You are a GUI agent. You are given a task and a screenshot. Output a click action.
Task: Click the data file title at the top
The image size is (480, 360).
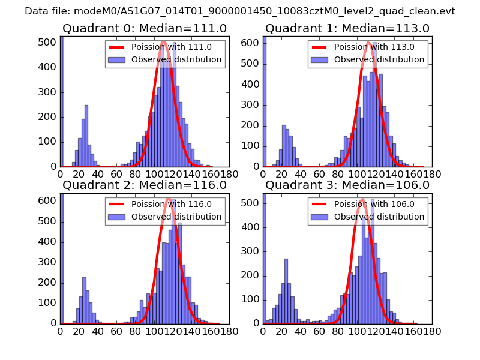coord(240,11)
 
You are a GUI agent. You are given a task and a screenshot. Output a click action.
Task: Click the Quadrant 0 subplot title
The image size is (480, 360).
coord(145,28)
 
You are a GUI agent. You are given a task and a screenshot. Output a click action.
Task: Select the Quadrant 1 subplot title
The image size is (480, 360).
coord(347,28)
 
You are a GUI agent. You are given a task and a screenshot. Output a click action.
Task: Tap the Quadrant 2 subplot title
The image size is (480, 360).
coord(145,185)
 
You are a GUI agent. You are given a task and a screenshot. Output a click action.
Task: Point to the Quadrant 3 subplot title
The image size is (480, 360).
coord(347,185)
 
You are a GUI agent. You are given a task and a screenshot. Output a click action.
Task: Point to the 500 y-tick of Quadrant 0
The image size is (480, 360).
coord(49,44)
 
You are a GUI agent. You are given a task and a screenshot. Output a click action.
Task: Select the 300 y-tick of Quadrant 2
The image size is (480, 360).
coord(49,262)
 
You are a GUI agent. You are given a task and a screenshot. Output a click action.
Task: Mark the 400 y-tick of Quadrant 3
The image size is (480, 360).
coord(252,242)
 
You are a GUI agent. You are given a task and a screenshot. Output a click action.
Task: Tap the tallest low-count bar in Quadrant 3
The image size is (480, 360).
coord(286,291)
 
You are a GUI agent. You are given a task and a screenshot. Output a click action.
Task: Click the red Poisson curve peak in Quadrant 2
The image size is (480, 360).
coord(169,199)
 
